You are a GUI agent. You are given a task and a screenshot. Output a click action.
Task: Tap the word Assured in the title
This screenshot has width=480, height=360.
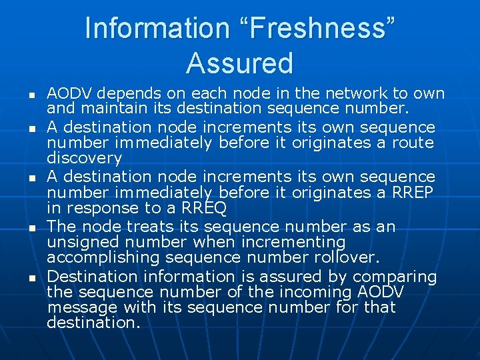tap(240, 63)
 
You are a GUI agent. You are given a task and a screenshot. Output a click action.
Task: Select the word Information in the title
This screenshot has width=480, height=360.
tap(157, 28)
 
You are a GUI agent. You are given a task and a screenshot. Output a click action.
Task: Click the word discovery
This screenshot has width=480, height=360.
tap(85, 159)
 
